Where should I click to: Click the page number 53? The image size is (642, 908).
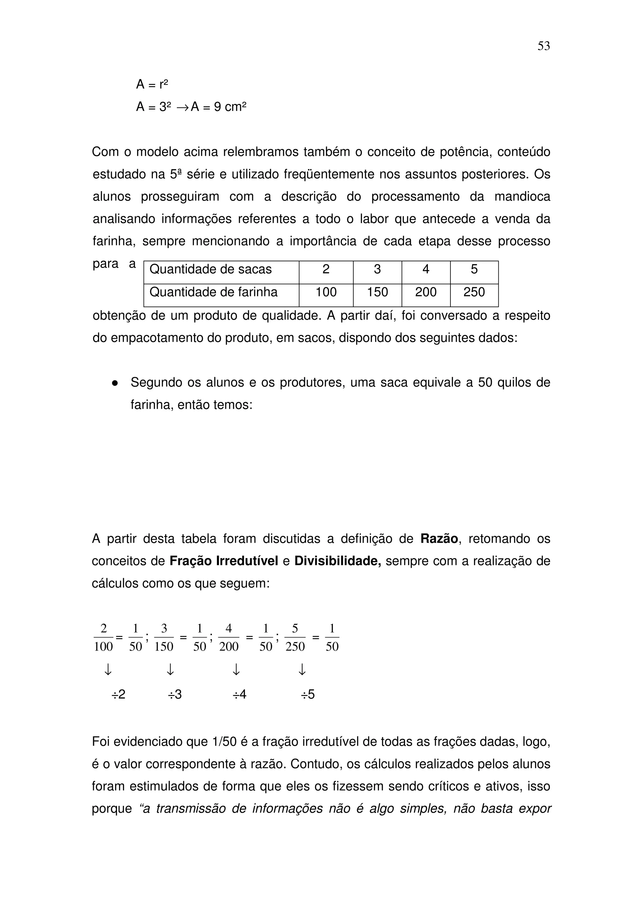543,46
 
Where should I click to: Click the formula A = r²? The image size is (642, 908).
152,84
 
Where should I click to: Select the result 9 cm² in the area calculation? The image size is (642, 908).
230,107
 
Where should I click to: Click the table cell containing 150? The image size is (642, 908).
377,292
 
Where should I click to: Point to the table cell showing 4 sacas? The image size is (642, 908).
426,269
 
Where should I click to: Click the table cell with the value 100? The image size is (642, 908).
326,292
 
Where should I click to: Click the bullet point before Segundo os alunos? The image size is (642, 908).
115,383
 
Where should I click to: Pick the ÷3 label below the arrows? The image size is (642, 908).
174,694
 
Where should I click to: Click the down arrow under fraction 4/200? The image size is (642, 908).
236,670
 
